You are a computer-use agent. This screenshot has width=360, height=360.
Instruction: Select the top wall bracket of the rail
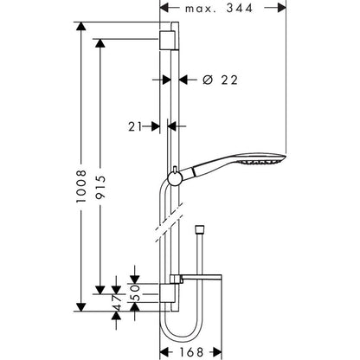pos(169,42)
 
